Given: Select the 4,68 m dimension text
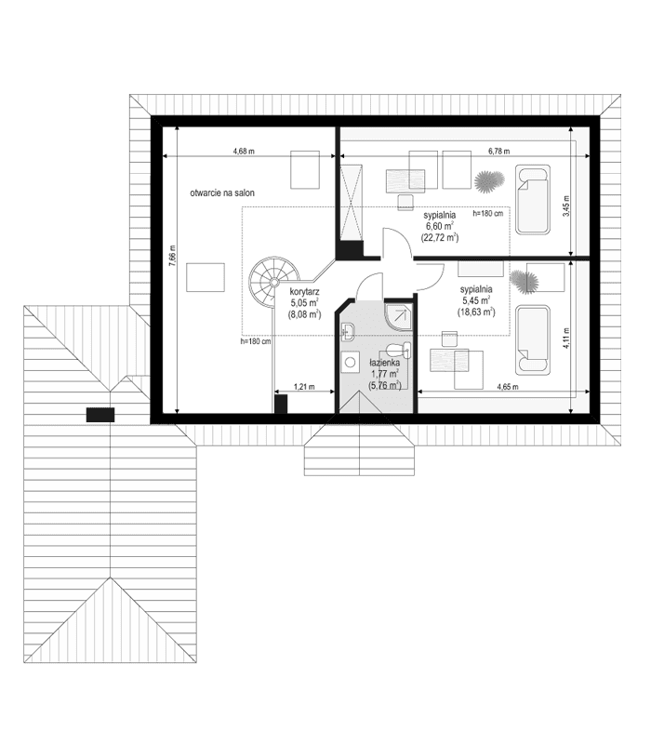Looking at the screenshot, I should pyautogui.click(x=245, y=152).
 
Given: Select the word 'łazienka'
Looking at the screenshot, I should pyautogui.click(x=385, y=364).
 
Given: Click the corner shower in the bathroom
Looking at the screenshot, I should pyautogui.click(x=399, y=316).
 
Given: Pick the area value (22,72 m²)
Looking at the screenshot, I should pyautogui.click(x=439, y=237).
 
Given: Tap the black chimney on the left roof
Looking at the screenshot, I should pyautogui.click(x=100, y=415).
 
